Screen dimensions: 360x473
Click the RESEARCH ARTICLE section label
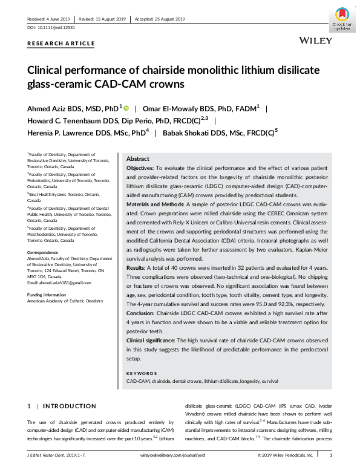61,44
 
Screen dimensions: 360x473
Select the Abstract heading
137,158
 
